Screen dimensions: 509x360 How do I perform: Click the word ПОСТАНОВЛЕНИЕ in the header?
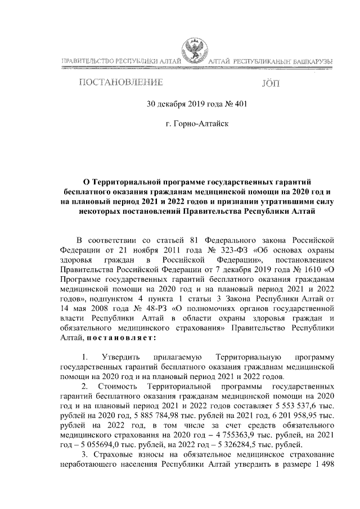click(121, 83)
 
